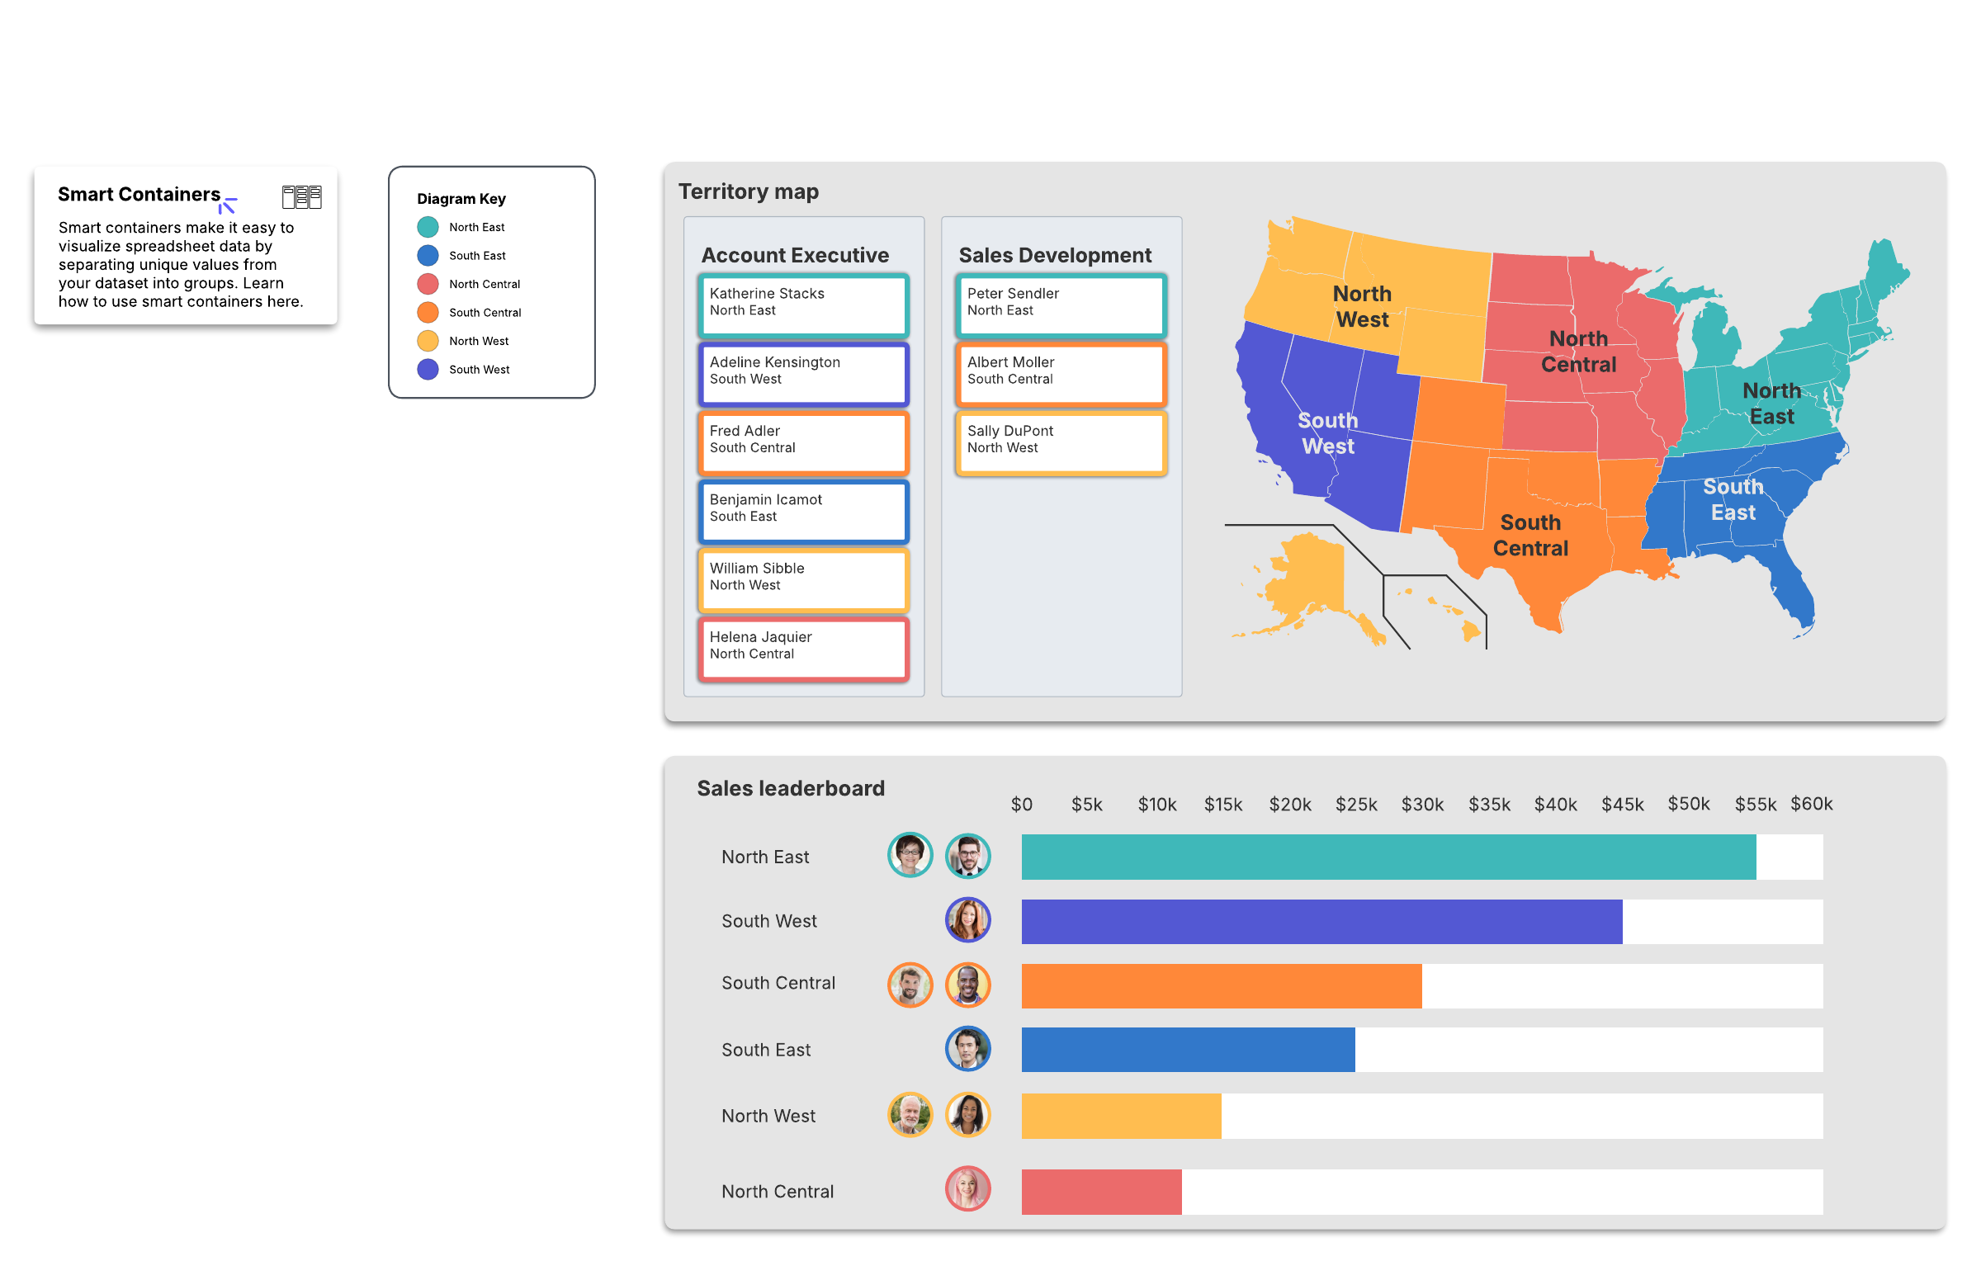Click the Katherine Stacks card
(802, 304)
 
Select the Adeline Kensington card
(802, 372)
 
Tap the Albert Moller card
(1060, 372)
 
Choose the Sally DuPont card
(1060, 442)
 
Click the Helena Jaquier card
(802, 648)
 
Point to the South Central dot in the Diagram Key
(428, 313)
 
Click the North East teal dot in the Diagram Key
(428, 227)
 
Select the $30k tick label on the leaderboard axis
(1421, 805)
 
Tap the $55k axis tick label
(1754, 805)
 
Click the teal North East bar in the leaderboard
(1388, 857)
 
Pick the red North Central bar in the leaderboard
(1100, 1192)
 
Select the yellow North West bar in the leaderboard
(1121, 1117)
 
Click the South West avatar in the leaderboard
(967, 920)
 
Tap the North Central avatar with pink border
(967, 1188)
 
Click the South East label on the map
(1733, 499)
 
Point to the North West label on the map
(1362, 307)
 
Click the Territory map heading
(748, 192)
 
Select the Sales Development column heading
(1054, 255)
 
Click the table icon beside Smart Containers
(302, 197)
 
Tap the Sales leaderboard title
(791, 789)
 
